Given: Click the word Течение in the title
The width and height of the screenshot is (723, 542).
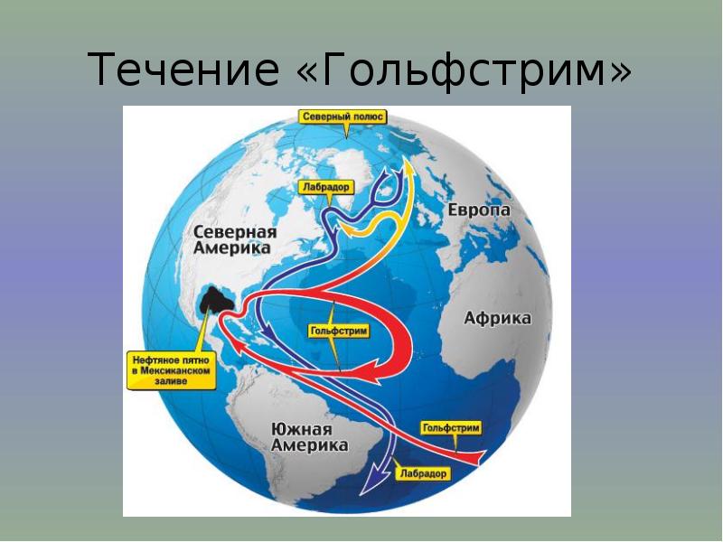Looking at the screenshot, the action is [183, 70].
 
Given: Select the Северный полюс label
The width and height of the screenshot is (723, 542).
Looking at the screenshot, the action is [343, 117].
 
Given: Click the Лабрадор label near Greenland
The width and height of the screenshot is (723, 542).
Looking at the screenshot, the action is [326, 187].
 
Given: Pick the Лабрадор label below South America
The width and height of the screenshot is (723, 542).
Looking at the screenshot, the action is [423, 473].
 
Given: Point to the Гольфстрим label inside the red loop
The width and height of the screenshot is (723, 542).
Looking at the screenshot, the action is [339, 331].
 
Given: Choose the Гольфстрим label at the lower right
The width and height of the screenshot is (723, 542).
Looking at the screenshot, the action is [450, 428].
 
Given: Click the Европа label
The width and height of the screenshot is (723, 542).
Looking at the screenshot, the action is [479, 210].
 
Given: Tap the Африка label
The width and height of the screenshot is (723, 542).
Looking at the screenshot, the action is [497, 318].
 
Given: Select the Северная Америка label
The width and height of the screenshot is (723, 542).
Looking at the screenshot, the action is [234, 239].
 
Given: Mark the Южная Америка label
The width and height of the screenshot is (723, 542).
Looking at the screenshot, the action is [308, 437].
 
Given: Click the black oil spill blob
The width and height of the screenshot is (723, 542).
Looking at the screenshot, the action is [216, 300].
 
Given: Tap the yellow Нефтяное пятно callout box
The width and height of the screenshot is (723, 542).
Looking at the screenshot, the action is [171, 370].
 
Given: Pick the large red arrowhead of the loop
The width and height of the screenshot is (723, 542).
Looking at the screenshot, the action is [368, 369].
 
